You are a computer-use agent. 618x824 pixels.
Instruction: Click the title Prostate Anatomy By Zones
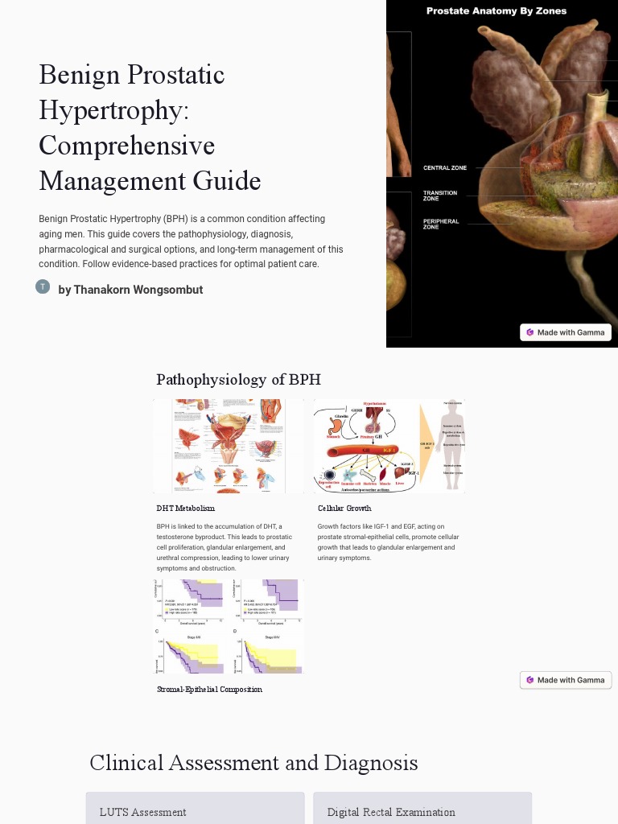[x=496, y=11]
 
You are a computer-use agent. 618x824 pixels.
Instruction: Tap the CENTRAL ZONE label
[x=445, y=168]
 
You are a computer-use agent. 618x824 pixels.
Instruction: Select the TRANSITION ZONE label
[x=440, y=196]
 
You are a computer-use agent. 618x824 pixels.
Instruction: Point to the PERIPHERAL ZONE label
[x=441, y=224]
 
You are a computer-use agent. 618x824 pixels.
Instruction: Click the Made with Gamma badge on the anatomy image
[x=566, y=332]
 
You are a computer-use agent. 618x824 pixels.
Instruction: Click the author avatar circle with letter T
[x=43, y=287]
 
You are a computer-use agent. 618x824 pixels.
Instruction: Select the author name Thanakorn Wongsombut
[x=130, y=290]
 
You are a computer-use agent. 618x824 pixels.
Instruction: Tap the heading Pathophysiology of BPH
[x=238, y=380]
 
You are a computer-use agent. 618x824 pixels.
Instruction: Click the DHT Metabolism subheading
[x=186, y=509]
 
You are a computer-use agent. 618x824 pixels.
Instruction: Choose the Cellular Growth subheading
[x=344, y=509]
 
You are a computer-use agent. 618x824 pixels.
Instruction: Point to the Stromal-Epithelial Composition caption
[x=209, y=690]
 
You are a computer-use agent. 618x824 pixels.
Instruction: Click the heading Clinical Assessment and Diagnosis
[x=253, y=763]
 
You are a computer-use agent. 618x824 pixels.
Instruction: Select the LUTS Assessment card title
[x=142, y=813]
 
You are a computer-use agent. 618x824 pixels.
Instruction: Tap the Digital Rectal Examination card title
[x=391, y=813]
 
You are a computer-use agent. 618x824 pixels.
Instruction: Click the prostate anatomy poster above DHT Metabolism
[x=229, y=446]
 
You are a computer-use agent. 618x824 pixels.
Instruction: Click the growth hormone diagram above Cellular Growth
[x=389, y=446]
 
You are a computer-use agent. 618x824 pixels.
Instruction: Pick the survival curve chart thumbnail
[x=229, y=627]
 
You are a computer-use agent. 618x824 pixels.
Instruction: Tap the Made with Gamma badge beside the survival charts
[x=566, y=680]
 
